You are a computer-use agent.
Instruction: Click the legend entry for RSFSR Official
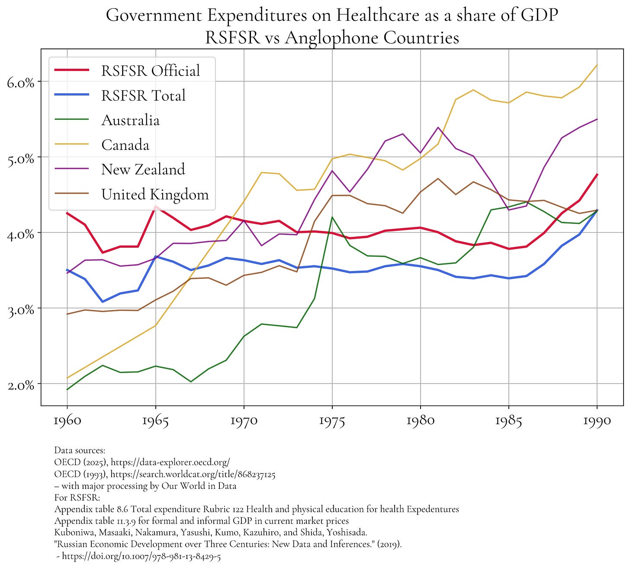150,70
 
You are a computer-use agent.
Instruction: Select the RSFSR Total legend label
143,96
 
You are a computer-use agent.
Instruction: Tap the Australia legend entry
130,120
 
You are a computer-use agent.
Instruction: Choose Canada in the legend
125,145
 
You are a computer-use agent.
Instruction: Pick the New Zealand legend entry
143,169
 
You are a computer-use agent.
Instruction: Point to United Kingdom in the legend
154,195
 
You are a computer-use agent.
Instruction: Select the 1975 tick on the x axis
332,421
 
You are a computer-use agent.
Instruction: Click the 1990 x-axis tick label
597,421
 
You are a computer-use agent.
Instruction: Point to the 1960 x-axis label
67,421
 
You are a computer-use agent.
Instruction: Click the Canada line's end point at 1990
597,65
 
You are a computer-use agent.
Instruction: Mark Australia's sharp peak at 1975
332,217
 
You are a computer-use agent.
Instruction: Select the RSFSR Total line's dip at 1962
103,301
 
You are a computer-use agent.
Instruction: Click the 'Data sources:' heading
77,451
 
